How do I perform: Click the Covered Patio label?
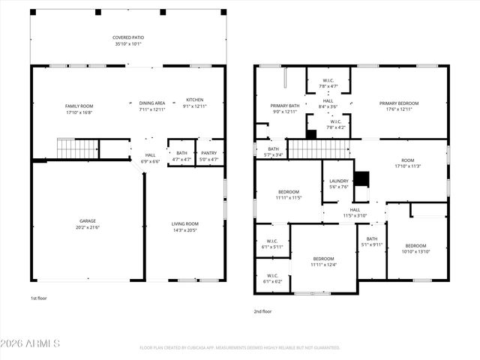point(129,40)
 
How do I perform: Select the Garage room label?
point(88,223)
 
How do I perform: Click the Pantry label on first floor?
point(208,155)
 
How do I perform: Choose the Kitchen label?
point(194,103)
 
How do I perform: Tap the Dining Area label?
point(151,106)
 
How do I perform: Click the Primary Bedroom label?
point(398,106)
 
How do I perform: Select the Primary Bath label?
point(285,109)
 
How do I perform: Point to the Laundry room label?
point(338,184)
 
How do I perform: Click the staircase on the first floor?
point(78,149)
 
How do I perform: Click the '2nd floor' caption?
point(262,311)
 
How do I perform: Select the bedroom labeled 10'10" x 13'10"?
point(415,249)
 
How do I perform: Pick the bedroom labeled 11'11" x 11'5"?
point(288,194)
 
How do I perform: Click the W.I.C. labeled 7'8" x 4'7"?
point(328,83)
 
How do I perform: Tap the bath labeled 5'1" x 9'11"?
point(371,241)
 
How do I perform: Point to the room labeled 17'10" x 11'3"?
point(407,163)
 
